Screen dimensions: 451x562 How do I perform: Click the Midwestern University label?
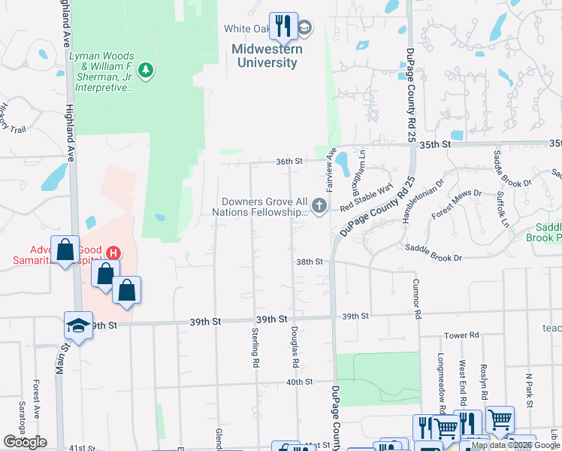tap(267, 56)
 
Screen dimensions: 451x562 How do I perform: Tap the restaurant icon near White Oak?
tap(283, 27)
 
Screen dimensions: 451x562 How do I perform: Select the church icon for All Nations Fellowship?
tap(320, 205)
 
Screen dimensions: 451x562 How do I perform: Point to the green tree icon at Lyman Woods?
tap(146, 71)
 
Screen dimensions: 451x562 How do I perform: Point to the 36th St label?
tap(289, 161)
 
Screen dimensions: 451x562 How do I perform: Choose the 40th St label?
tap(298, 382)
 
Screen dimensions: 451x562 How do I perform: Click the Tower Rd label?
tap(461, 335)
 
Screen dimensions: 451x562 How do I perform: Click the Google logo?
tap(25, 442)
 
